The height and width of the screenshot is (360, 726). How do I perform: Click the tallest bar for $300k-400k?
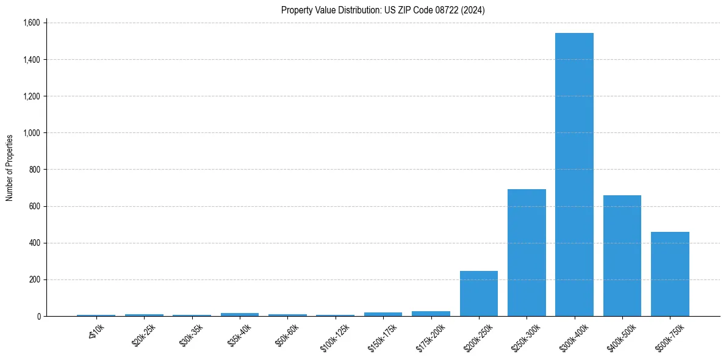[574, 175]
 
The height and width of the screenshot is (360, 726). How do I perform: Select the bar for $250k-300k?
[527, 253]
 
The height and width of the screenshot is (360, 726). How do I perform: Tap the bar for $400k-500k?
[622, 256]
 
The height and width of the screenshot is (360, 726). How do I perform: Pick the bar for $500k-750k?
[670, 274]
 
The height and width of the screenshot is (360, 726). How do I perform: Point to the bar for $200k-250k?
[479, 293]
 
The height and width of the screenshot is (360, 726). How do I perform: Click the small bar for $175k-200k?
[431, 314]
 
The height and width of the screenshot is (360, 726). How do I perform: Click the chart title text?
[383, 10]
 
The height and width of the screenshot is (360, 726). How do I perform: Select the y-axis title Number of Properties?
[10, 168]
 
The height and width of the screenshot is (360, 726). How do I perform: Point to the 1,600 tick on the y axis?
[31, 23]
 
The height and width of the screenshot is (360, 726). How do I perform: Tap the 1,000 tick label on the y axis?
[31, 133]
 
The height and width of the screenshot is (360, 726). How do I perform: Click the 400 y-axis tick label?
[34, 243]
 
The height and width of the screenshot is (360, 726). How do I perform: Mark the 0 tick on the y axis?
[38, 316]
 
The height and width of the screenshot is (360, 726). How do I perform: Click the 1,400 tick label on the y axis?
[31, 60]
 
